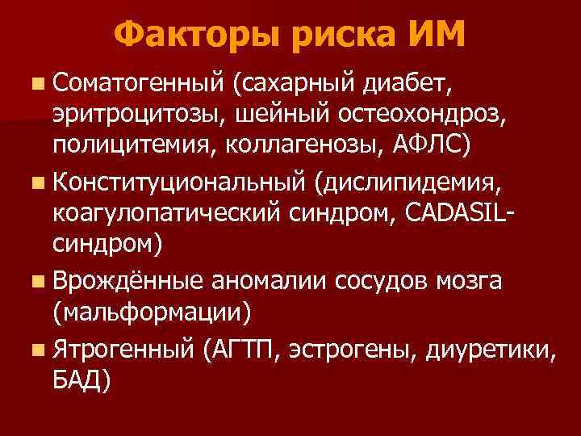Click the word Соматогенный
pos(138,81)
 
